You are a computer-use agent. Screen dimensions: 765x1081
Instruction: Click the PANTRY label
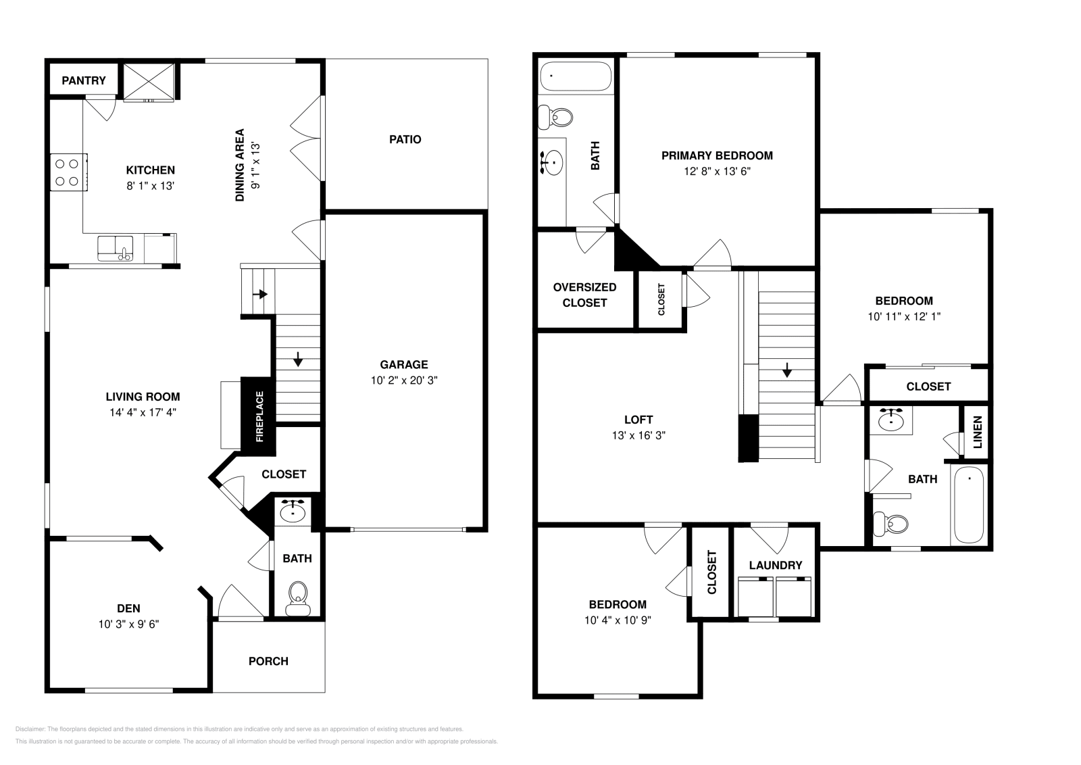point(84,80)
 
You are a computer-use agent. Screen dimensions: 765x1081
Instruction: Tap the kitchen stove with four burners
point(68,172)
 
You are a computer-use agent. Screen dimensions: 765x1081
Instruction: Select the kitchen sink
point(116,248)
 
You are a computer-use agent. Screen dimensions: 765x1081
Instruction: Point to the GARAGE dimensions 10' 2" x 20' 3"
point(404,380)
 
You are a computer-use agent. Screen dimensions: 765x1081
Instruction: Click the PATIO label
point(405,139)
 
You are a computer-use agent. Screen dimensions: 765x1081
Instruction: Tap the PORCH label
point(268,661)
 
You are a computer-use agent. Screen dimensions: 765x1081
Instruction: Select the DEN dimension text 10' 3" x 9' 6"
point(128,624)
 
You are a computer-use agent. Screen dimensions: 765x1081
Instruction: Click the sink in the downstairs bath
point(293,511)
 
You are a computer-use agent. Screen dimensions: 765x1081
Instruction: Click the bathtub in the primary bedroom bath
point(576,76)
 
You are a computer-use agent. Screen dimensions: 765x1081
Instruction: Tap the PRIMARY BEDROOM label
point(717,155)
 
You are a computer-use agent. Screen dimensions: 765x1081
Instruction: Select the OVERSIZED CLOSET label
point(584,295)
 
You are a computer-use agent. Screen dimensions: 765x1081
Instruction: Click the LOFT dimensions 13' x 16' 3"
point(638,436)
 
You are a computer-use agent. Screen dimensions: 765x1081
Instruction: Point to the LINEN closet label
point(977,431)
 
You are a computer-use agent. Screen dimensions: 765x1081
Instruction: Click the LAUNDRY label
point(776,565)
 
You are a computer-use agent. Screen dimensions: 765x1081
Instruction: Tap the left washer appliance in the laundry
point(755,597)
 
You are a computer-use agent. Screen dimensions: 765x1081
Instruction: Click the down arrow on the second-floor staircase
point(787,370)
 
